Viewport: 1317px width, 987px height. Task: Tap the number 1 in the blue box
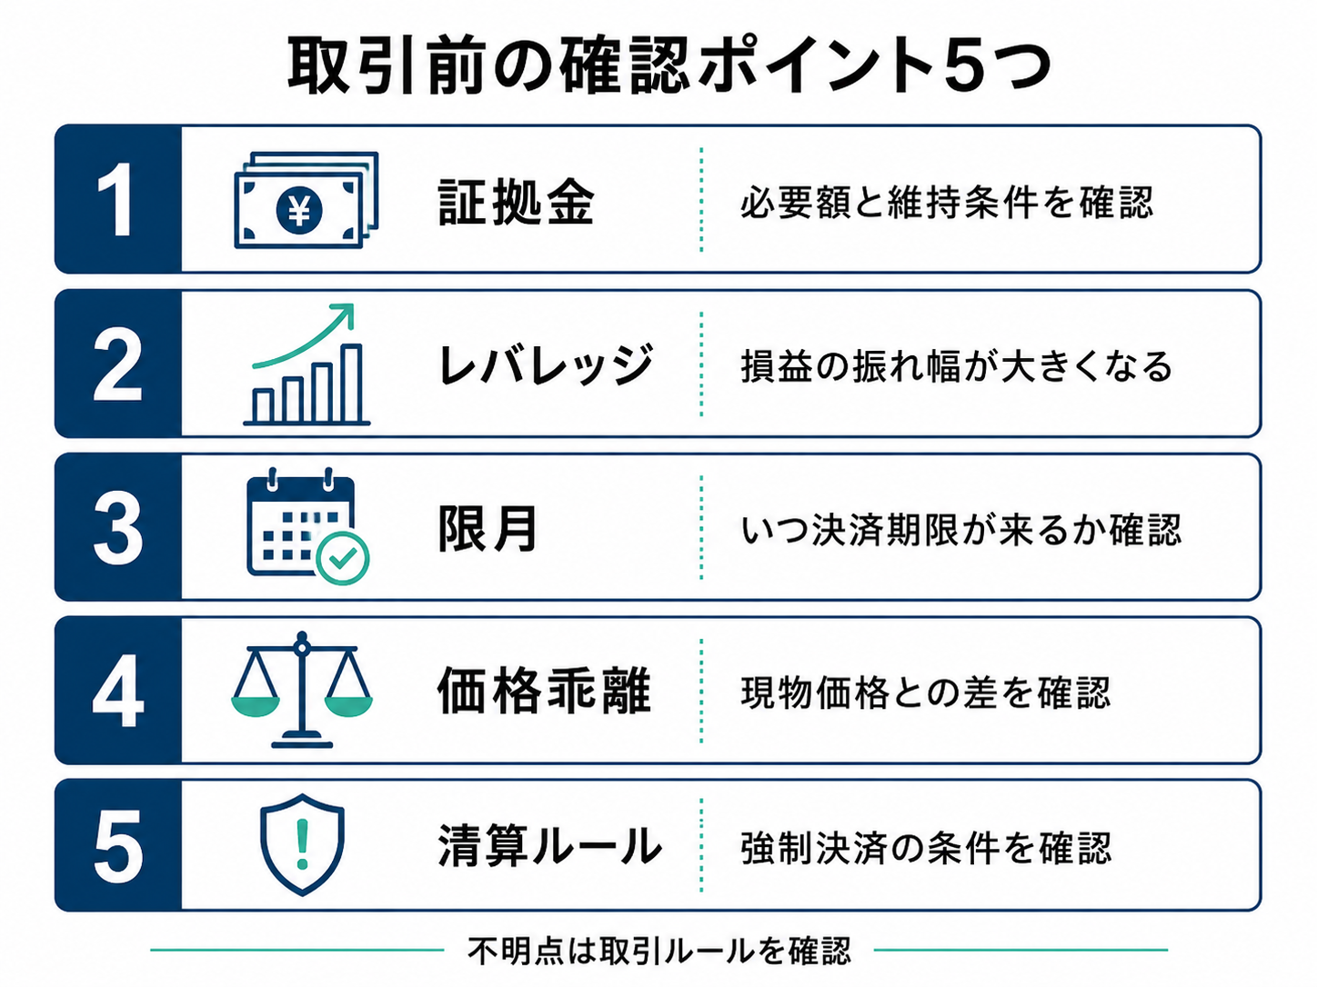116,200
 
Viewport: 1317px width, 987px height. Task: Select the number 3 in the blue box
118,528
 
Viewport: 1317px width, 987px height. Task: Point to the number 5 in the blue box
118,845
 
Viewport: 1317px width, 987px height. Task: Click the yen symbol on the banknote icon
299,210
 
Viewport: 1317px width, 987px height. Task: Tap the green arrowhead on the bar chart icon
344,314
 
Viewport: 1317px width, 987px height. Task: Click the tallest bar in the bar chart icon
350,384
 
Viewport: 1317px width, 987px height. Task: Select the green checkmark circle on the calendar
343,559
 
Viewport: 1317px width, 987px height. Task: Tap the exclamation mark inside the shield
302,844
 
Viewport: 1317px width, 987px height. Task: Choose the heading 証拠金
516,202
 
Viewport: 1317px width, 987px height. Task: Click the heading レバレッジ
546,365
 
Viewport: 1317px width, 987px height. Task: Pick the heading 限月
488,529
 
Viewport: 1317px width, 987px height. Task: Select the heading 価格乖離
544,691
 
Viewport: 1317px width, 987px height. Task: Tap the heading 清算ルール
549,845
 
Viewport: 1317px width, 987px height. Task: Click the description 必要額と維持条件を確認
946,202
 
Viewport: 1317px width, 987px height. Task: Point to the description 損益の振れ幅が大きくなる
956,366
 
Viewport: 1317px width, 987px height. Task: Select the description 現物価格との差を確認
926,693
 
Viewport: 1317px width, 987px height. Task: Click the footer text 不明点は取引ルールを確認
658,951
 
